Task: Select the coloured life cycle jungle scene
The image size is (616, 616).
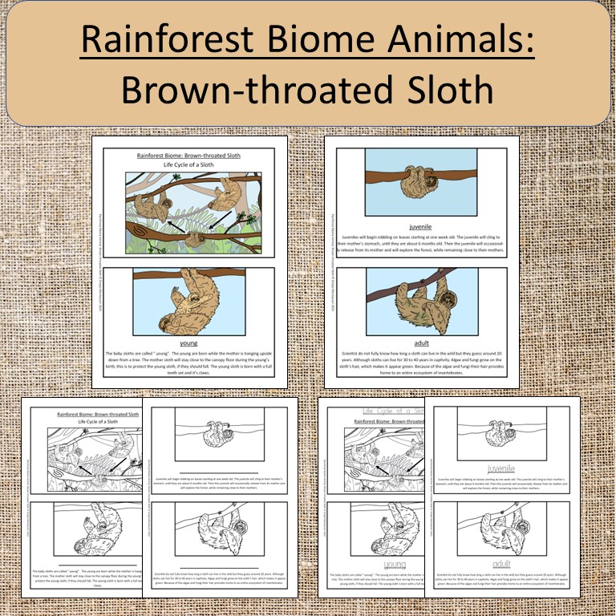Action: (189, 213)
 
